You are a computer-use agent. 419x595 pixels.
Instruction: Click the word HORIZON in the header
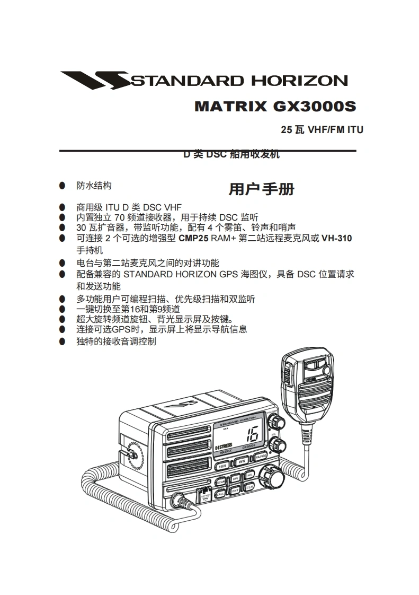click(299, 81)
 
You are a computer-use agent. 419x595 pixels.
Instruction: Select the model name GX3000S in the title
click(314, 106)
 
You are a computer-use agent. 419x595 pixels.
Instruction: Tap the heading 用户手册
click(261, 189)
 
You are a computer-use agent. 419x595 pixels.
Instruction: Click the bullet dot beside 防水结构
click(63, 186)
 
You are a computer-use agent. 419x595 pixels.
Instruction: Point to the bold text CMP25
click(193, 239)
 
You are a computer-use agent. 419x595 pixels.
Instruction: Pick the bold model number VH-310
click(336, 239)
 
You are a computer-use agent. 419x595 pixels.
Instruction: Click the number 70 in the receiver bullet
click(120, 217)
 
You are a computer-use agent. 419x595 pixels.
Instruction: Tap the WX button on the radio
click(243, 461)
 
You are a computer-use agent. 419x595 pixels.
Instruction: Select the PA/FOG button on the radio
click(260, 457)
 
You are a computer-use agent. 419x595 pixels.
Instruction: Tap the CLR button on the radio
click(249, 486)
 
